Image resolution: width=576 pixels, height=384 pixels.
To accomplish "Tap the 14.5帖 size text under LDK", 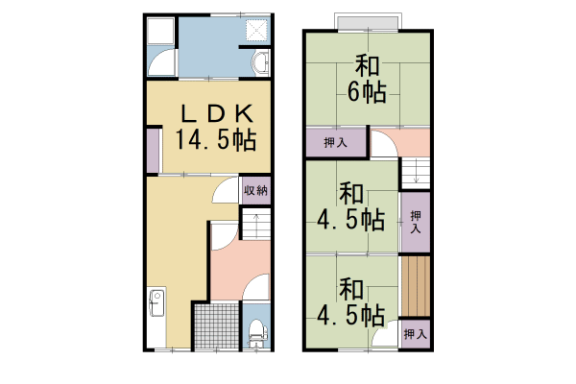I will [215, 140].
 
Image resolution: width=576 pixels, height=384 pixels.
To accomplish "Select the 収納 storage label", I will [253, 190].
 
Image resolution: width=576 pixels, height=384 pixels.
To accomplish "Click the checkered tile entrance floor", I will [216, 326].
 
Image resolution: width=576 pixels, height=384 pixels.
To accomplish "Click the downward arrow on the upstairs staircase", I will [416, 175].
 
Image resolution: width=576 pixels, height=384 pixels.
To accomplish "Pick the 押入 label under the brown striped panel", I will [415, 335].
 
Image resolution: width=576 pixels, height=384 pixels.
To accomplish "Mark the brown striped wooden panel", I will [415, 285].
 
